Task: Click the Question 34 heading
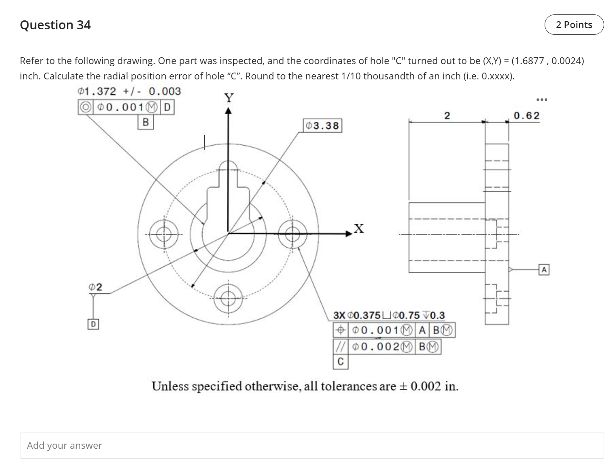click(x=55, y=25)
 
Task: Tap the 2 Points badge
click(x=574, y=25)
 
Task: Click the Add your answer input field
click(x=311, y=445)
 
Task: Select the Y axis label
click(x=229, y=98)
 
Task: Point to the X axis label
click(x=359, y=228)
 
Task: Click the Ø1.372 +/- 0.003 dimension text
click(x=130, y=91)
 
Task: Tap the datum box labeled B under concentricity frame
click(x=146, y=123)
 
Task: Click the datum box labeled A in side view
click(x=544, y=269)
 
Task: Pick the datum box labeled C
click(x=340, y=362)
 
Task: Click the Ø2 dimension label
click(x=96, y=287)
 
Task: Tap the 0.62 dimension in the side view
click(x=526, y=115)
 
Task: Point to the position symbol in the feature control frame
click(x=340, y=330)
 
